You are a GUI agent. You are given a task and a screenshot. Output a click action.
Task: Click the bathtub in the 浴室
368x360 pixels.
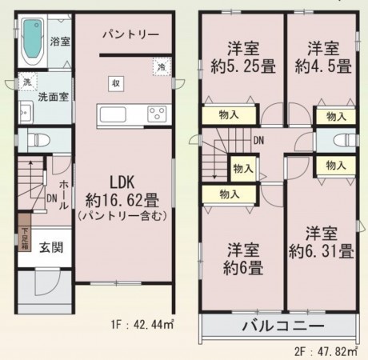[33, 42]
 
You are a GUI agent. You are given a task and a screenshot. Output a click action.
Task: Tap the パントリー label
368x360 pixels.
[130, 34]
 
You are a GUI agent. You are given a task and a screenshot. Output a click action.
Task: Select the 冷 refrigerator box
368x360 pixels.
[162, 66]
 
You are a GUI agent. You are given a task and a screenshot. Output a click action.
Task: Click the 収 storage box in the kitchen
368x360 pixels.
[116, 84]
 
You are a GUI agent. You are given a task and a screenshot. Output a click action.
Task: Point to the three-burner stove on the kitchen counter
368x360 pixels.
[157, 114]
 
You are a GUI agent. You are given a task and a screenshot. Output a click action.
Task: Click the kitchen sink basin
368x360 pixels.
[113, 114]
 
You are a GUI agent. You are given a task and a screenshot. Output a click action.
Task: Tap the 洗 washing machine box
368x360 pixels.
[27, 82]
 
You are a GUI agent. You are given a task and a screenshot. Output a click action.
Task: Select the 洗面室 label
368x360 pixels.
[54, 97]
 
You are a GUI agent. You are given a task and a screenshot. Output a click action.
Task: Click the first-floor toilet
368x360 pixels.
[39, 140]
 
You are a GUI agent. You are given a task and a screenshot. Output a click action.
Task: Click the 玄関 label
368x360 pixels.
[51, 247]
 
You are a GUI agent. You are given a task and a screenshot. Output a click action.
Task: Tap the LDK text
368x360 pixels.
[122, 182]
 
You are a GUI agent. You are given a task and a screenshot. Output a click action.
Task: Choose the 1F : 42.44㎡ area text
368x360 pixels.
[142, 325]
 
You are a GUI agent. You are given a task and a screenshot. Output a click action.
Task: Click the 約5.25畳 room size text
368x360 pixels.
[243, 66]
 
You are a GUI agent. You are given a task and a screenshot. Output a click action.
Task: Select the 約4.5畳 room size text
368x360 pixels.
[323, 66]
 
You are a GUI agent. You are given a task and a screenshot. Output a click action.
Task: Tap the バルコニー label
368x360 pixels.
[283, 326]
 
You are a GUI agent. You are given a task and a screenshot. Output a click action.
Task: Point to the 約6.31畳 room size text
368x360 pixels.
[322, 251]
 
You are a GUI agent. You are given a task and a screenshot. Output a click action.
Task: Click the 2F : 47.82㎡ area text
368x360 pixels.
[326, 352]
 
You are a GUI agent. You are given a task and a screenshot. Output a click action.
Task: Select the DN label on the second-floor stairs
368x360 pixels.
[258, 141]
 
